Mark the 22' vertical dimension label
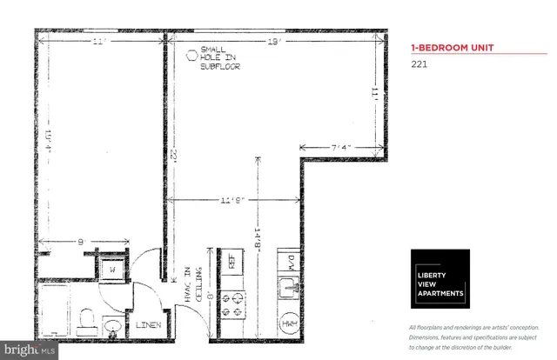(175, 156)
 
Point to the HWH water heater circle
(289, 323)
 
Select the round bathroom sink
(113, 329)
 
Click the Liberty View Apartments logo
(440, 278)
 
